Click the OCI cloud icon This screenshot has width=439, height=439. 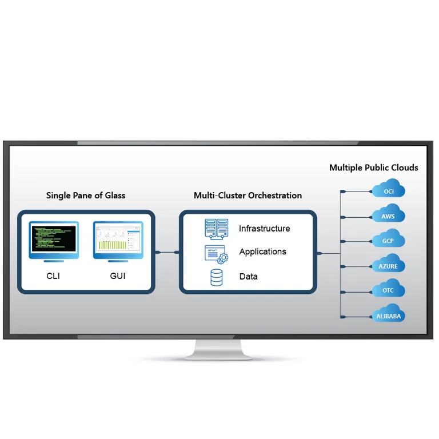389,190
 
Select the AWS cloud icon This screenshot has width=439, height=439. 389,215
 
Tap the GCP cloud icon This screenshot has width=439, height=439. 389,240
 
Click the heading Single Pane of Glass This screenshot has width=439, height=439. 86,195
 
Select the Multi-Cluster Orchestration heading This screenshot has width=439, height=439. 248,195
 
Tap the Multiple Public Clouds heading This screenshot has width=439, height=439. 373,167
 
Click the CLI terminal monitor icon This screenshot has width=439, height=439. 54,241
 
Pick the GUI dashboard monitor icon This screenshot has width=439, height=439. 118,241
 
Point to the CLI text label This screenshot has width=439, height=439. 53,276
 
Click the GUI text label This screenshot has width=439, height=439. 118,276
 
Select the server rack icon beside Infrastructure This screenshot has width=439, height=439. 217,228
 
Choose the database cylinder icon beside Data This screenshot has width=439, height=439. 217,277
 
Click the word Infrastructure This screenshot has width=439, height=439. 264,229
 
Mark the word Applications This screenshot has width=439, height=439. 262,252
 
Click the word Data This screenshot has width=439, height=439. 248,277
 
